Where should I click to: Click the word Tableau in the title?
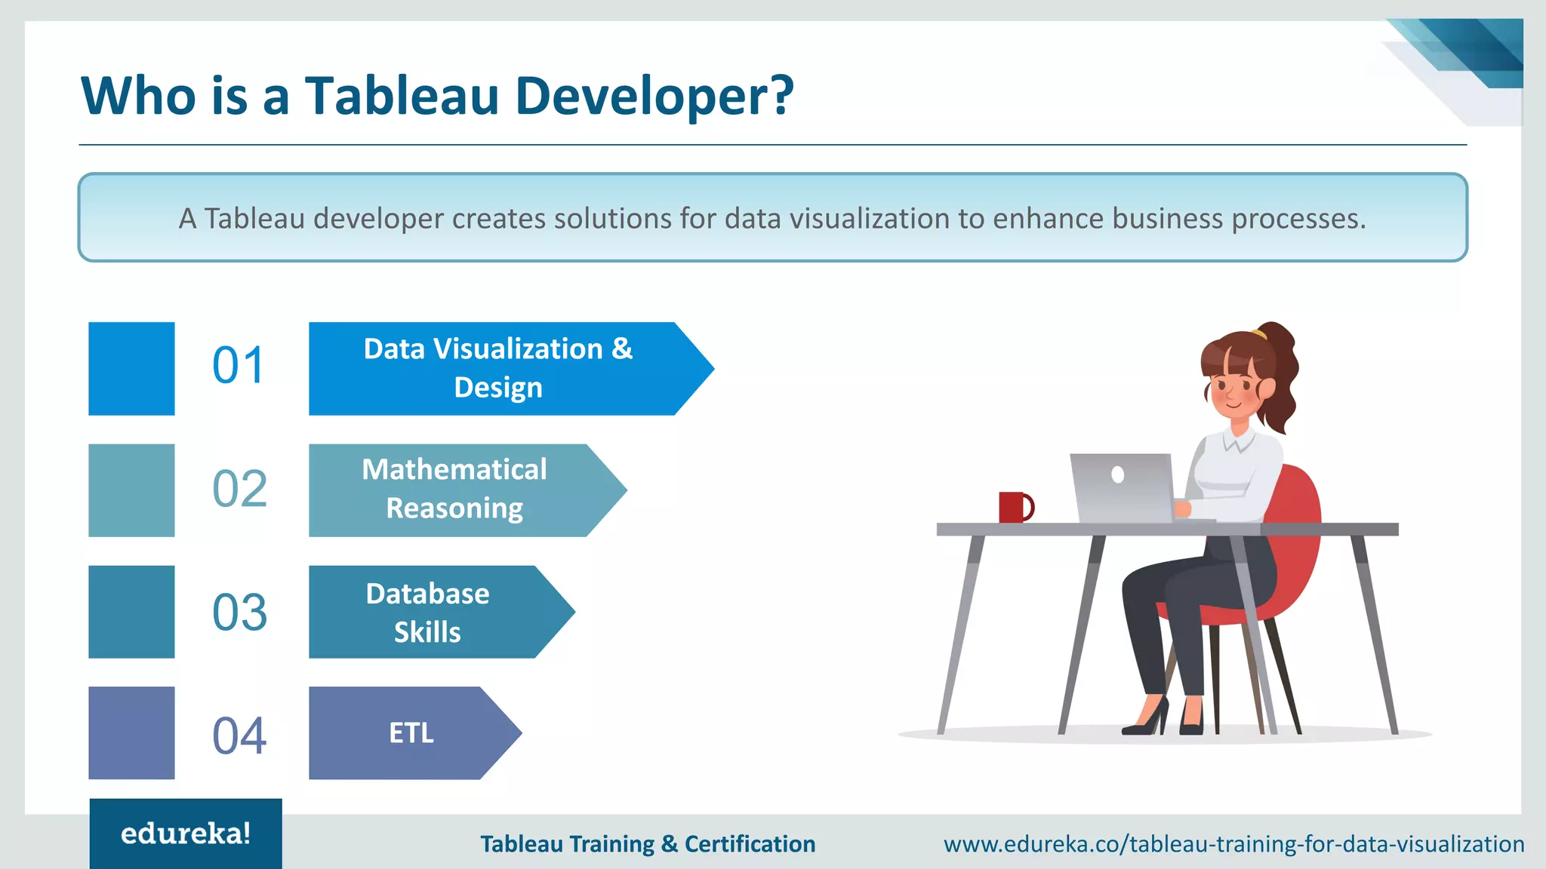402,96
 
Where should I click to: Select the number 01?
239,366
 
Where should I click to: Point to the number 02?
239,489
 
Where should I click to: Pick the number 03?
239,612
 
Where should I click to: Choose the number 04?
239,735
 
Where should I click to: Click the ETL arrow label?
411,733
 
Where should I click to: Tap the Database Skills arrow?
428,613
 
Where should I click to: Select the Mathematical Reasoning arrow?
454,490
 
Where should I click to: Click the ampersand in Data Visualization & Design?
622,349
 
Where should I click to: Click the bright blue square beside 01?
131,369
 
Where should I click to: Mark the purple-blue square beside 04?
131,732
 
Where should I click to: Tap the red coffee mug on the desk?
1014,507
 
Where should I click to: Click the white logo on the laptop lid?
1118,474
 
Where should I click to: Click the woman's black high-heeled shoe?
1146,720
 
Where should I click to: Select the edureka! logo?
186,834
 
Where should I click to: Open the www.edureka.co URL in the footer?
1233,843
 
